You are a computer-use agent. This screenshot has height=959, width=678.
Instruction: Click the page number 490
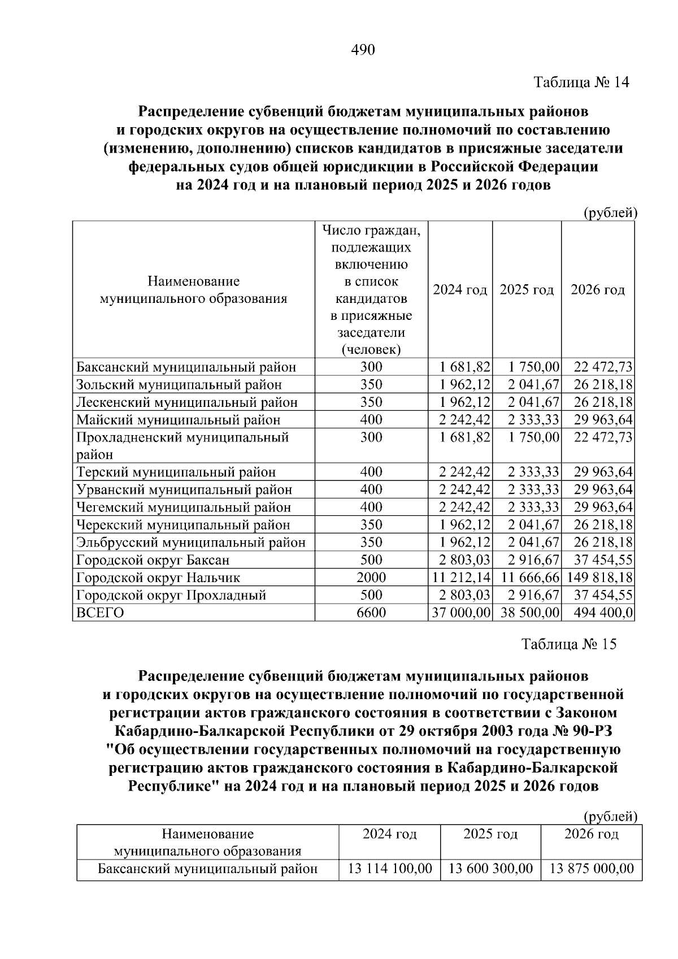[x=363, y=50]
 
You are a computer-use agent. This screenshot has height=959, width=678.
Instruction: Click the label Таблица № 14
[x=581, y=83]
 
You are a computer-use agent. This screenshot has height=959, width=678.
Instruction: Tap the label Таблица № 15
[x=569, y=644]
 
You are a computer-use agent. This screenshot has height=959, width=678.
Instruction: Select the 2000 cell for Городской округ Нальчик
[x=371, y=578]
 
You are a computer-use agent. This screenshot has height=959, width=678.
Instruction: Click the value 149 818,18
[x=598, y=578]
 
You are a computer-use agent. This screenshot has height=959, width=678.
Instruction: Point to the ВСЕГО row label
[x=100, y=613]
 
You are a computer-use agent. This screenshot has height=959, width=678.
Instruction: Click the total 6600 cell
[x=371, y=613]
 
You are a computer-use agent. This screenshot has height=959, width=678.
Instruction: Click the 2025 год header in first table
[x=527, y=290]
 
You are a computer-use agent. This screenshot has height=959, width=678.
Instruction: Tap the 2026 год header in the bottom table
[x=591, y=834]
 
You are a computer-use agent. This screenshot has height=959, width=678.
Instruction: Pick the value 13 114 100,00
[x=390, y=869]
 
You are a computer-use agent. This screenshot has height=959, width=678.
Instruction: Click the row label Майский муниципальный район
[x=178, y=420]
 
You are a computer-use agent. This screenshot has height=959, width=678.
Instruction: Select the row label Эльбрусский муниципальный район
[x=191, y=543]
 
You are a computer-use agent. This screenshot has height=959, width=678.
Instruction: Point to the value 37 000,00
[x=461, y=613]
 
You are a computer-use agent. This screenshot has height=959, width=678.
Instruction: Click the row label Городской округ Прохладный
[x=171, y=595]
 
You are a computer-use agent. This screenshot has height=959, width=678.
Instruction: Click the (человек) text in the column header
[x=371, y=350]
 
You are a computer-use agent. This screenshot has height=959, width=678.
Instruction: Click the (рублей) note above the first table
[x=610, y=213]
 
